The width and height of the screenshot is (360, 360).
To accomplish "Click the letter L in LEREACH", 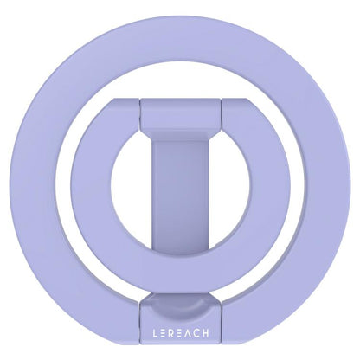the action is (156, 333).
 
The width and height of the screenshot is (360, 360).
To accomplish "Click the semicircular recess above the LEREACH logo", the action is (180, 302).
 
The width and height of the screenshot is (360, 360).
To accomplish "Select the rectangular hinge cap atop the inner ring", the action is (180, 114).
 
